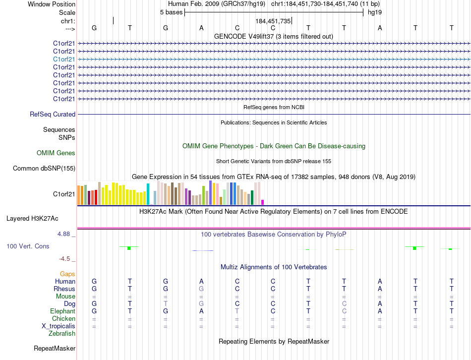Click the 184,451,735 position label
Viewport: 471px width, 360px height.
273,21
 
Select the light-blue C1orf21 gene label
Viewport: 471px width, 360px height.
64,59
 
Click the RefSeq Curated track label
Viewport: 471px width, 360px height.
53,115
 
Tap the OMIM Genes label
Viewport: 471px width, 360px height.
56,153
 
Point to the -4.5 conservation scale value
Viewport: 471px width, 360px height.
65,259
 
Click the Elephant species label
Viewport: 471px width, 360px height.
62,311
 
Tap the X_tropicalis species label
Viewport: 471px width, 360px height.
59,326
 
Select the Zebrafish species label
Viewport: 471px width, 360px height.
62,334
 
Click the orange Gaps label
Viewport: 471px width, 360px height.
67,274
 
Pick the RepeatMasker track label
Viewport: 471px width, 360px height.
55,349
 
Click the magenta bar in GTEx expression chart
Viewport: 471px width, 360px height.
262,202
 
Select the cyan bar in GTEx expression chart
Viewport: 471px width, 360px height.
148,194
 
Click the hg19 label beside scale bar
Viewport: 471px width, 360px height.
375,12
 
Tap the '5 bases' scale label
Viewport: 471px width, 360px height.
171,12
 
